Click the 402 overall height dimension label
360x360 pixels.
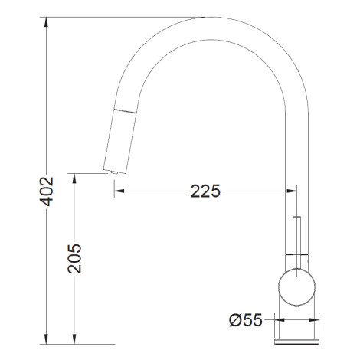pyautogui.click(x=47, y=191)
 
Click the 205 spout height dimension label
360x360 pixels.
pyautogui.click(x=74, y=259)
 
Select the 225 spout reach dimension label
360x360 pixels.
pyautogui.click(x=205, y=191)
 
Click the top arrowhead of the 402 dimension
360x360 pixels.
pyautogui.click(x=46, y=22)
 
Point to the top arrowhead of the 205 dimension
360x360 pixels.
pyautogui.click(x=74, y=178)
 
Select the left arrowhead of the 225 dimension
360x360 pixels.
pyautogui.click(x=119, y=191)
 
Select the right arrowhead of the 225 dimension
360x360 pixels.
pyautogui.click(x=292, y=191)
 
